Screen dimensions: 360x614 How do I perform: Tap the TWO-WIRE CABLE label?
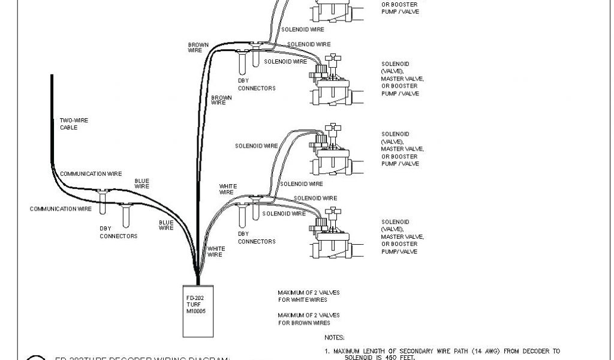68,124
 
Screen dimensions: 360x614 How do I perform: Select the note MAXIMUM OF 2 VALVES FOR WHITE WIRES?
308,296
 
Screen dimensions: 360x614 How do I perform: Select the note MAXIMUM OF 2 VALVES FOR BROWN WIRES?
308,319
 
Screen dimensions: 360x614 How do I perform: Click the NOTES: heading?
334,338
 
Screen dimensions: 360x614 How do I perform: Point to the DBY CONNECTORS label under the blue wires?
118,232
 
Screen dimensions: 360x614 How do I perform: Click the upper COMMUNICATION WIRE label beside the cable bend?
91,173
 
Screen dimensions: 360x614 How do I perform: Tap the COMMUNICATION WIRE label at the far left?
61,209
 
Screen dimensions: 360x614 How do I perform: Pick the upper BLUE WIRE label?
142,183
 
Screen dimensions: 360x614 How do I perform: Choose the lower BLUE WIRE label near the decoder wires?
166,225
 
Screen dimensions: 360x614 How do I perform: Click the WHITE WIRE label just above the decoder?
216,251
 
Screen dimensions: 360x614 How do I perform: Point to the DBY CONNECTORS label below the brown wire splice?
257,85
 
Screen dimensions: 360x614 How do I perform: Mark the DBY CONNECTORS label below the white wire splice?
257,238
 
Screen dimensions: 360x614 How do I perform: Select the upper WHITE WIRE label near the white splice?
226,189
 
